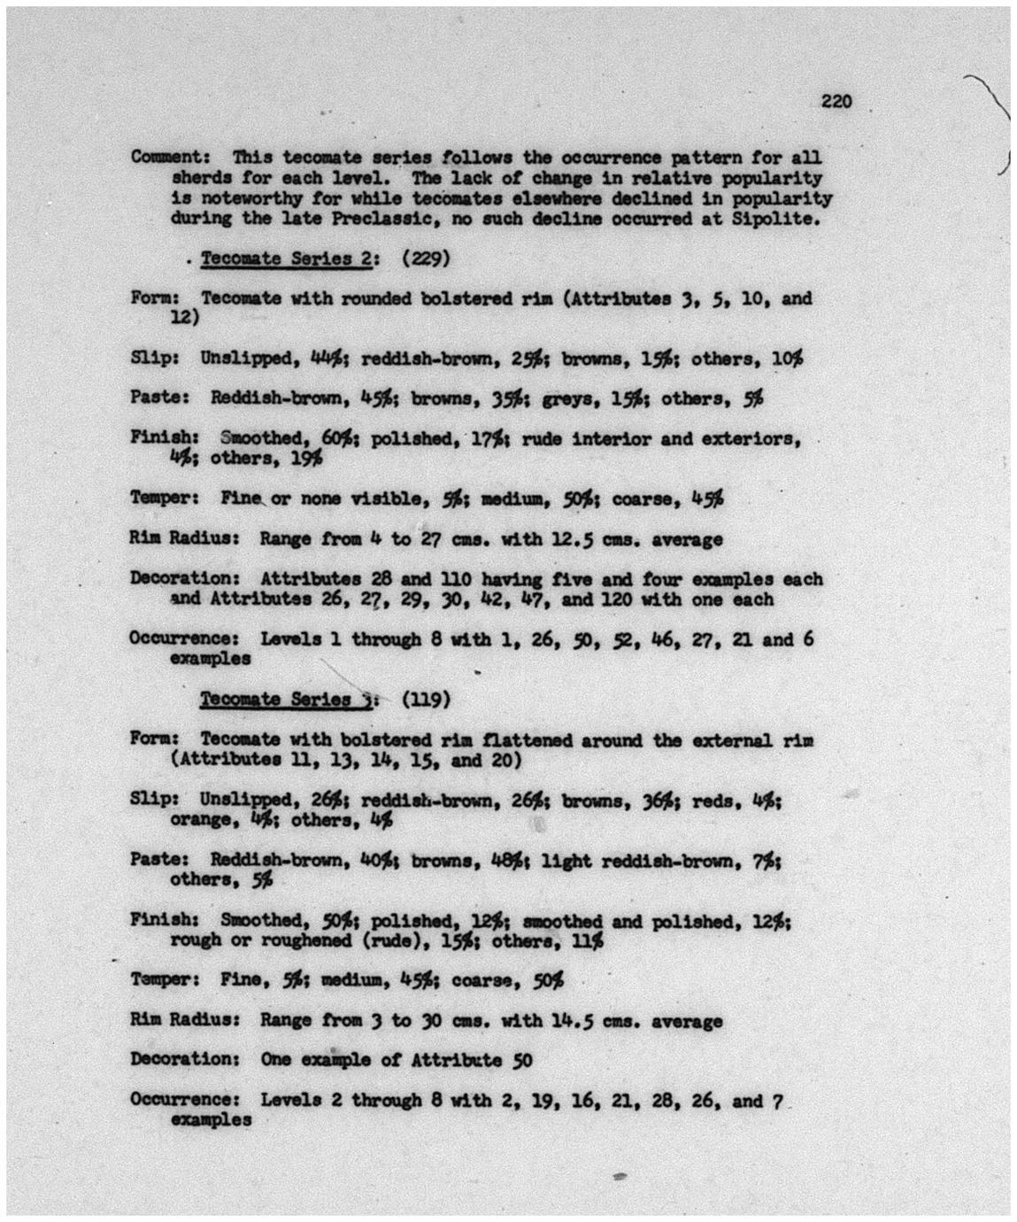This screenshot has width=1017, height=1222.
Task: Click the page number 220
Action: click(836, 101)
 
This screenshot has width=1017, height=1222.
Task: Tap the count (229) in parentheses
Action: click(426, 259)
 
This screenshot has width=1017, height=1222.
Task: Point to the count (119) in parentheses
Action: click(426, 700)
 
